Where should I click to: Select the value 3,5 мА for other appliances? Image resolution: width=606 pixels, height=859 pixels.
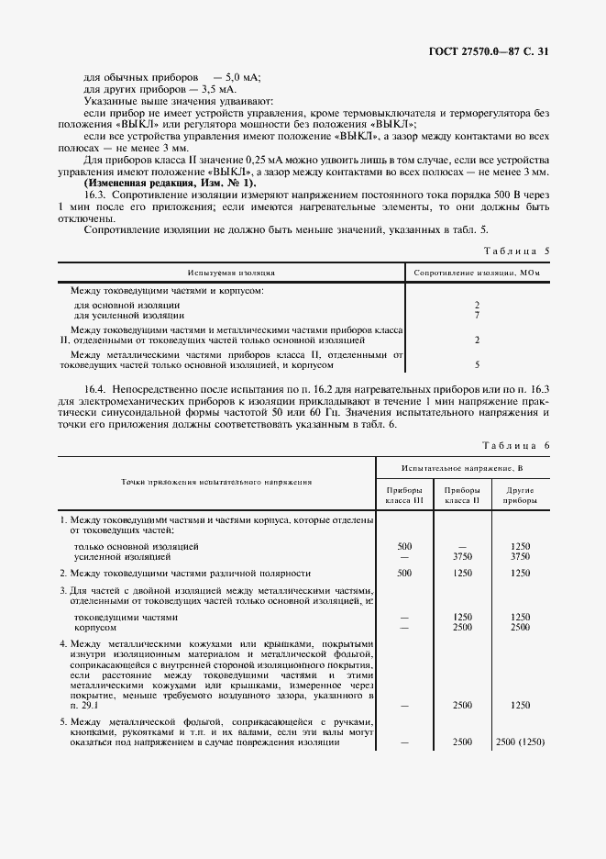tap(216, 90)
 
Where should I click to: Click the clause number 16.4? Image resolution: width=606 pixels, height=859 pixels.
tap(95, 390)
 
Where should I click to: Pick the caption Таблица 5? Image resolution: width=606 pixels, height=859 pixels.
tap(518, 250)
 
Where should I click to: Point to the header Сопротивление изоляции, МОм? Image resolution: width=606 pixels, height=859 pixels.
tap(477, 273)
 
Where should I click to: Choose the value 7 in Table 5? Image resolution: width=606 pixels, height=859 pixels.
tap(478, 315)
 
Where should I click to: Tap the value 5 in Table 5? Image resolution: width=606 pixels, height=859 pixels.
tap(478, 364)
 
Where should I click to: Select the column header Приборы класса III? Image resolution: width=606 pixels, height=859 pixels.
tap(404, 496)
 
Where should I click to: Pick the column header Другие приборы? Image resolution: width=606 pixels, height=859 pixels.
tap(520, 496)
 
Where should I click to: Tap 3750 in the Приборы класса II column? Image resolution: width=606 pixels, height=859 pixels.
tap(462, 556)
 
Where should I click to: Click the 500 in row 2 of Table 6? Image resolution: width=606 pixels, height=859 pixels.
tap(404, 573)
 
